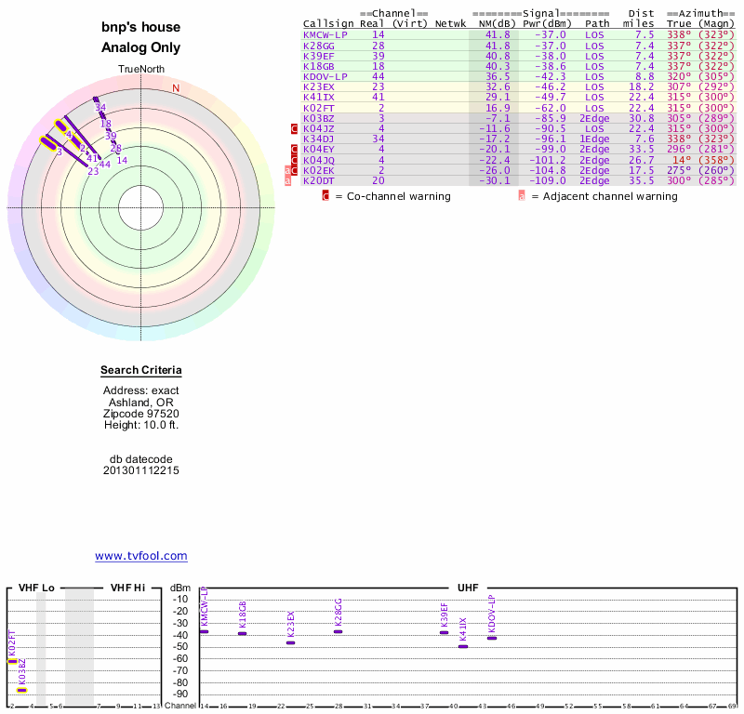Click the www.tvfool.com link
(x=140, y=556)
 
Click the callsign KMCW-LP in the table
(x=325, y=33)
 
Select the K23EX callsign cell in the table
(x=318, y=86)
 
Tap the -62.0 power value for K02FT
(x=549, y=108)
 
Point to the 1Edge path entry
(x=594, y=139)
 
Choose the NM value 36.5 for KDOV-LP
(x=497, y=76)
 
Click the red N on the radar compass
(x=175, y=88)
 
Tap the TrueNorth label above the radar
(x=140, y=70)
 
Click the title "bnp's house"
(x=141, y=28)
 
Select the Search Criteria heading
(x=140, y=371)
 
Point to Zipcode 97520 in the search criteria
(x=141, y=414)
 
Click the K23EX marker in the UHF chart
(x=290, y=642)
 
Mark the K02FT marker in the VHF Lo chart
(x=12, y=661)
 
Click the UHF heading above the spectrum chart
(x=467, y=588)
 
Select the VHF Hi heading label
(x=127, y=588)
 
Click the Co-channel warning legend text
(x=393, y=196)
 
